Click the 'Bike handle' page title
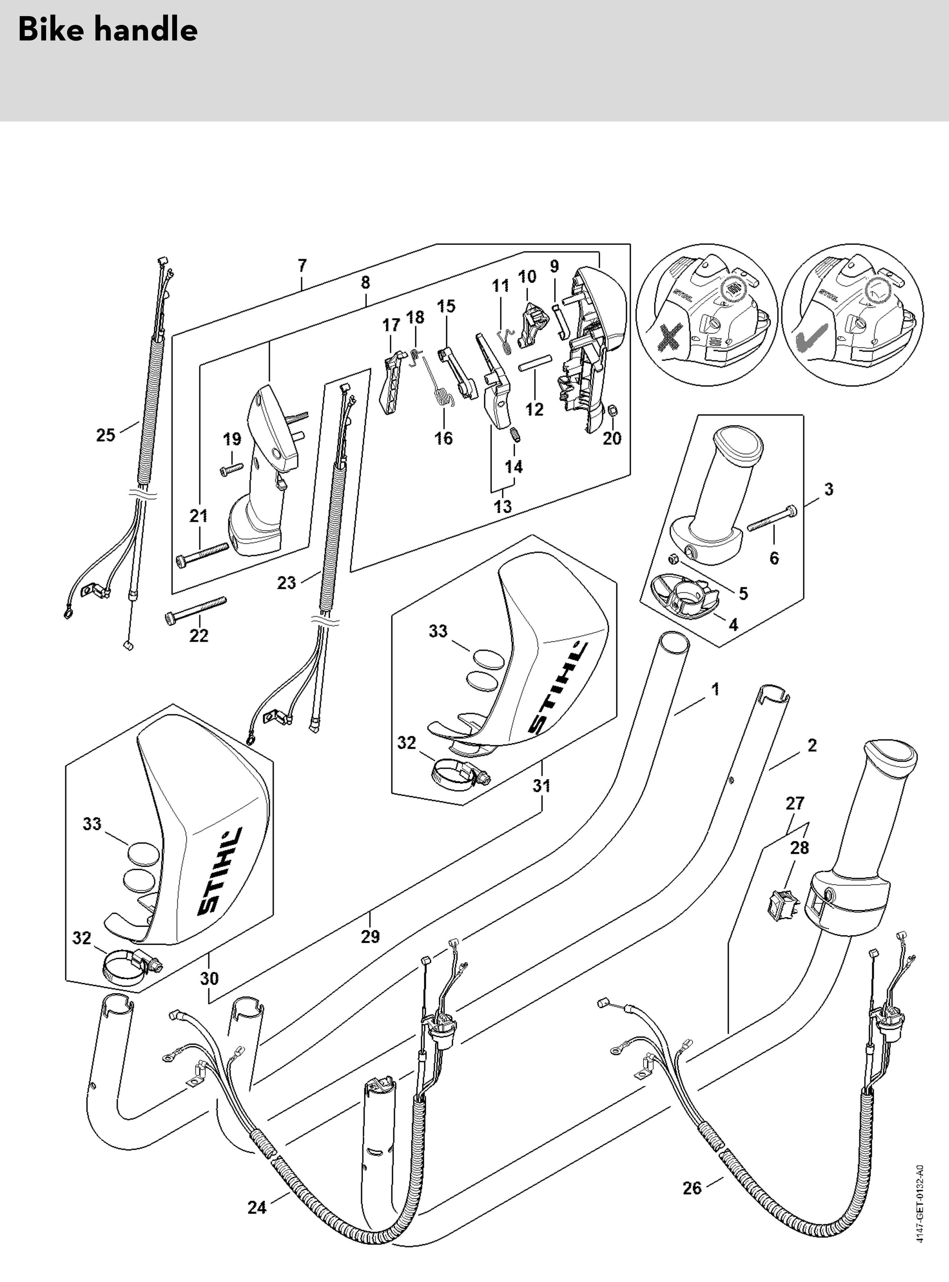(x=108, y=30)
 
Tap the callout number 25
(x=106, y=435)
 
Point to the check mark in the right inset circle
(x=810, y=339)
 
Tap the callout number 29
(x=370, y=937)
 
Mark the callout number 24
(x=257, y=1208)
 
